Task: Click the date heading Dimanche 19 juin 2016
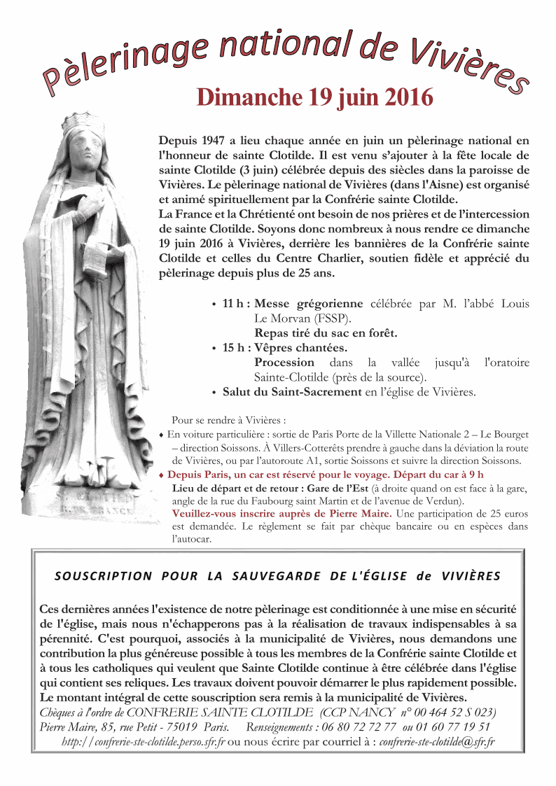314,97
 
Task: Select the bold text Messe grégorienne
309,304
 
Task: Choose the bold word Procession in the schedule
284,363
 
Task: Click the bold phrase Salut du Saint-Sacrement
292,392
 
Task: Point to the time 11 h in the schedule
232,304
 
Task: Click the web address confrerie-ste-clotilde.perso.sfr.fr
144,741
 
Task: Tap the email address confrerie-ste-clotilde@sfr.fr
437,741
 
